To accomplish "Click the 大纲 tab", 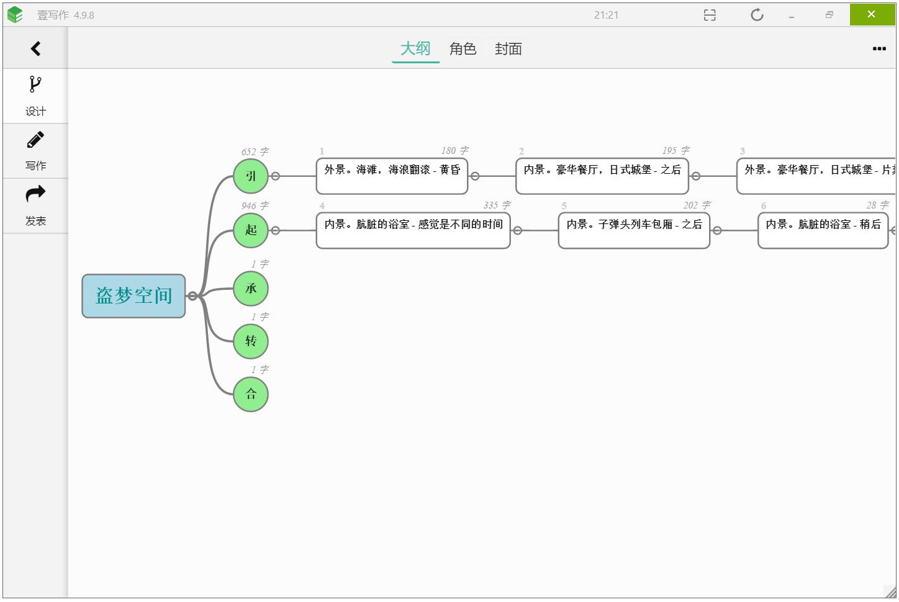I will click(x=415, y=48).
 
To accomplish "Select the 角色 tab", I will click(x=463, y=48).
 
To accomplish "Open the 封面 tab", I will click(x=508, y=48).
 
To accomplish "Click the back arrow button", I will click(x=35, y=48).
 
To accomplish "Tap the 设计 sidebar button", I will click(x=35, y=96).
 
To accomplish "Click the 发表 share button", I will click(x=35, y=205).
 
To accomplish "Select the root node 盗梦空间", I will click(x=133, y=296).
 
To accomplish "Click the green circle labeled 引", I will click(x=251, y=176).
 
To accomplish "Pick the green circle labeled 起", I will click(x=251, y=230).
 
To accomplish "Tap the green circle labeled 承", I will click(x=251, y=289).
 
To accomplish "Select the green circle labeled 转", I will click(x=251, y=341).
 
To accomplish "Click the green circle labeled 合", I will click(x=251, y=394).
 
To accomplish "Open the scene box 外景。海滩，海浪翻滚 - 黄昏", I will click(x=392, y=176).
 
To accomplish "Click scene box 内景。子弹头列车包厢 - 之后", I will click(x=634, y=230).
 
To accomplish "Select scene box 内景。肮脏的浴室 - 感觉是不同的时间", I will click(x=413, y=230).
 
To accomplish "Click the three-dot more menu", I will click(x=879, y=48).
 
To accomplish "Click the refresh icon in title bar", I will click(x=757, y=15).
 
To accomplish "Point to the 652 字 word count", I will click(x=255, y=152).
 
